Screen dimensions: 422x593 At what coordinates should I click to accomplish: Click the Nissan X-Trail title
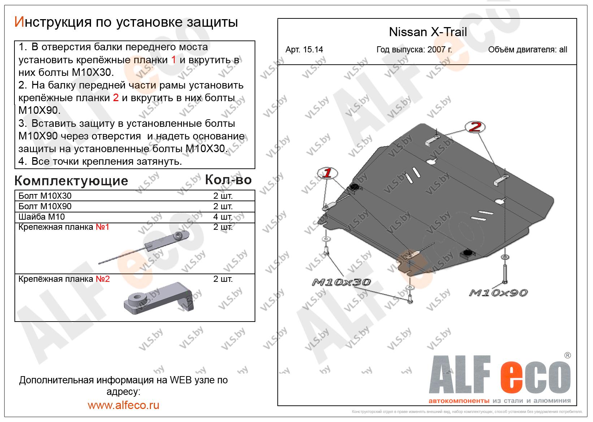[x=428, y=32]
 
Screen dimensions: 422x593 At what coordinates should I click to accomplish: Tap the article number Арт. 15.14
[x=304, y=50]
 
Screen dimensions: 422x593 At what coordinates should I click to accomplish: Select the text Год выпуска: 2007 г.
[x=414, y=50]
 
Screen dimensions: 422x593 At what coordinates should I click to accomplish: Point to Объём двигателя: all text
[x=527, y=50]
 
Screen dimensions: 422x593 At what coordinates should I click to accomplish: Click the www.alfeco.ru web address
[x=124, y=405]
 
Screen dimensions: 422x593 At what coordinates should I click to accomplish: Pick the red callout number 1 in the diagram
[x=328, y=173]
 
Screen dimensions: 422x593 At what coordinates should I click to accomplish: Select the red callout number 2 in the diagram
[x=476, y=127]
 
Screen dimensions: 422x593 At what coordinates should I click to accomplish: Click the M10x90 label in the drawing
[x=498, y=292]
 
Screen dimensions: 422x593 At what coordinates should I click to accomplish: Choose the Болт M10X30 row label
[x=45, y=196]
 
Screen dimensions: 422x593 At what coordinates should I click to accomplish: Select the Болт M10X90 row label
[x=45, y=206]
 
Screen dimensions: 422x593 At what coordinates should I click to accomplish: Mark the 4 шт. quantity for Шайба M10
[x=223, y=217]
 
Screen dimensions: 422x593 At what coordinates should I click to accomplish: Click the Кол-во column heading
[x=228, y=180]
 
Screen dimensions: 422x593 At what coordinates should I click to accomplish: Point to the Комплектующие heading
[x=71, y=181]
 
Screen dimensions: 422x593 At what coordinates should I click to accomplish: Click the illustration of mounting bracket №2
[x=159, y=298]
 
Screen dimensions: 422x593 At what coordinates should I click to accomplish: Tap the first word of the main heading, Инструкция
[x=51, y=22]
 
